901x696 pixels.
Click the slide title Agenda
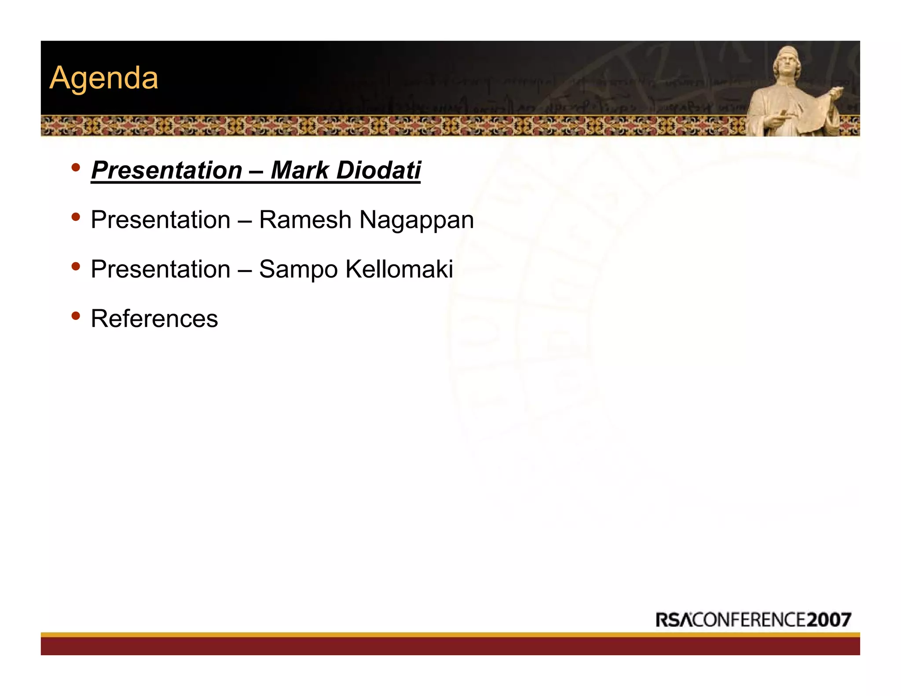[104, 78]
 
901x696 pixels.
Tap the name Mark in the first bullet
[299, 170]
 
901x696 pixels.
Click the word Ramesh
[305, 220]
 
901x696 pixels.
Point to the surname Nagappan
[416, 220]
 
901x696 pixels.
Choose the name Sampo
[298, 270]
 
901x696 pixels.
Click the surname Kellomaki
[399, 269]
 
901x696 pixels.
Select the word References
[154, 319]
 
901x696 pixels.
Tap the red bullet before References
[76, 315]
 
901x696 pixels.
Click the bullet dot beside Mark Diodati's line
[76, 167]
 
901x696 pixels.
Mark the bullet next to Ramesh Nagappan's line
[76, 216]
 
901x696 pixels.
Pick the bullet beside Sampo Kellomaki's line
[76, 266]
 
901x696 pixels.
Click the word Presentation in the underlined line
[167, 170]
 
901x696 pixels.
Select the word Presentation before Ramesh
[161, 220]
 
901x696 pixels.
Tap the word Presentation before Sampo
[161, 269]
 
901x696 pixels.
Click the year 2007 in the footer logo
[829, 620]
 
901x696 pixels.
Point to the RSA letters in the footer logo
[673, 620]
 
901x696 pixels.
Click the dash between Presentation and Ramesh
[245, 220]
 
